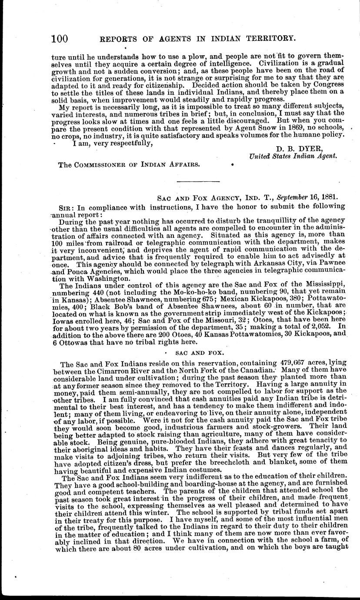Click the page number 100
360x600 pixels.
coord(60,39)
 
